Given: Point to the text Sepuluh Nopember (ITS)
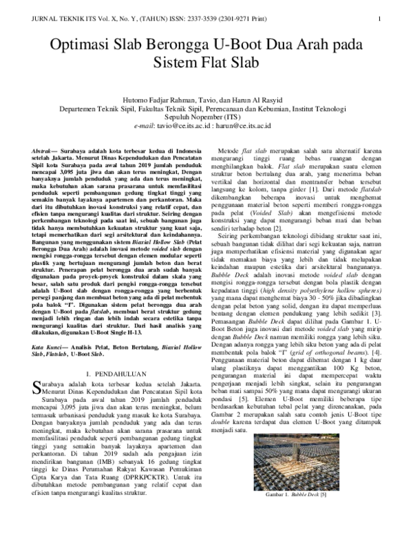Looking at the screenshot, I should [x=205, y=117].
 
